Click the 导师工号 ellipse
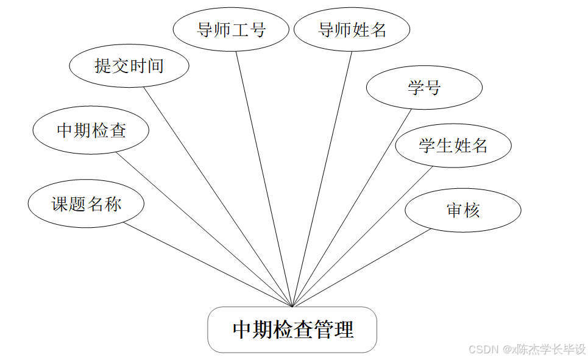(231, 29)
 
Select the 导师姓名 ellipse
(352, 29)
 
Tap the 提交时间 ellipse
(129, 65)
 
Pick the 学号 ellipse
(424, 88)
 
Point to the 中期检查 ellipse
(91, 130)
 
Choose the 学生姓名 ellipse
(453, 145)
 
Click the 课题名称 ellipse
(86, 204)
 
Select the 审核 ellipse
(463, 210)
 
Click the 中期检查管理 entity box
(292, 330)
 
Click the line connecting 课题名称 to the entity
(207, 264)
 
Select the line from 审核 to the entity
(361, 268)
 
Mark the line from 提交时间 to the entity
(218, 196)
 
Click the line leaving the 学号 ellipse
(352, 207)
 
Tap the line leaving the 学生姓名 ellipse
(363, 236)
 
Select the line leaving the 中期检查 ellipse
(204, 229)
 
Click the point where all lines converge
(292, 306)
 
